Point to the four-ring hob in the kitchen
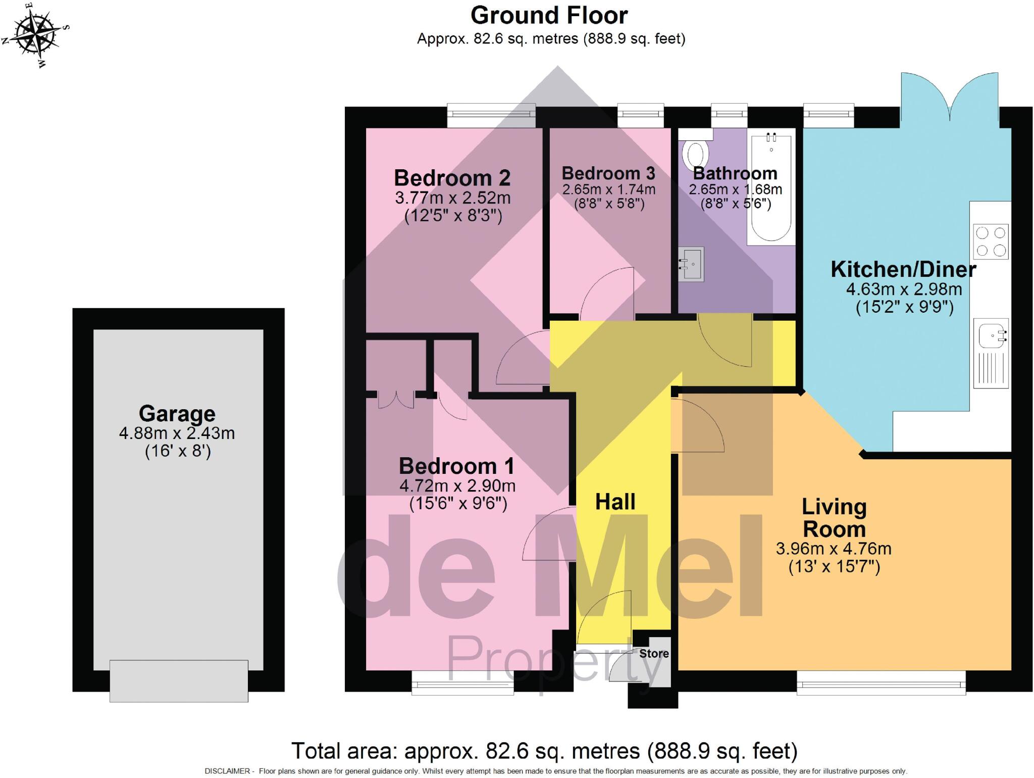coord(991,241)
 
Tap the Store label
coord(654,654)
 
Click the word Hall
coord(615,502)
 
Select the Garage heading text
coord(177,414)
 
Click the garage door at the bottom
coord(179,680)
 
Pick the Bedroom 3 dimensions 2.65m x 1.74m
coord(608,190)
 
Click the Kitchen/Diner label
coord(903,269)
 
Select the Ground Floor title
coord(549,16)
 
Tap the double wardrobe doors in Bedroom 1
coord(396,399)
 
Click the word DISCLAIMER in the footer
coord(227,771)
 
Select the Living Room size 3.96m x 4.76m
coord(834,549)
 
